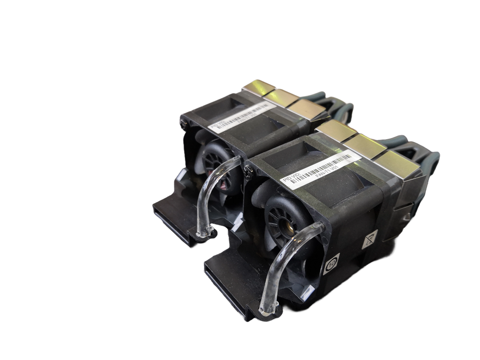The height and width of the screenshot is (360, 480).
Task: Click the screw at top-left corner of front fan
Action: tap(247, 170)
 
